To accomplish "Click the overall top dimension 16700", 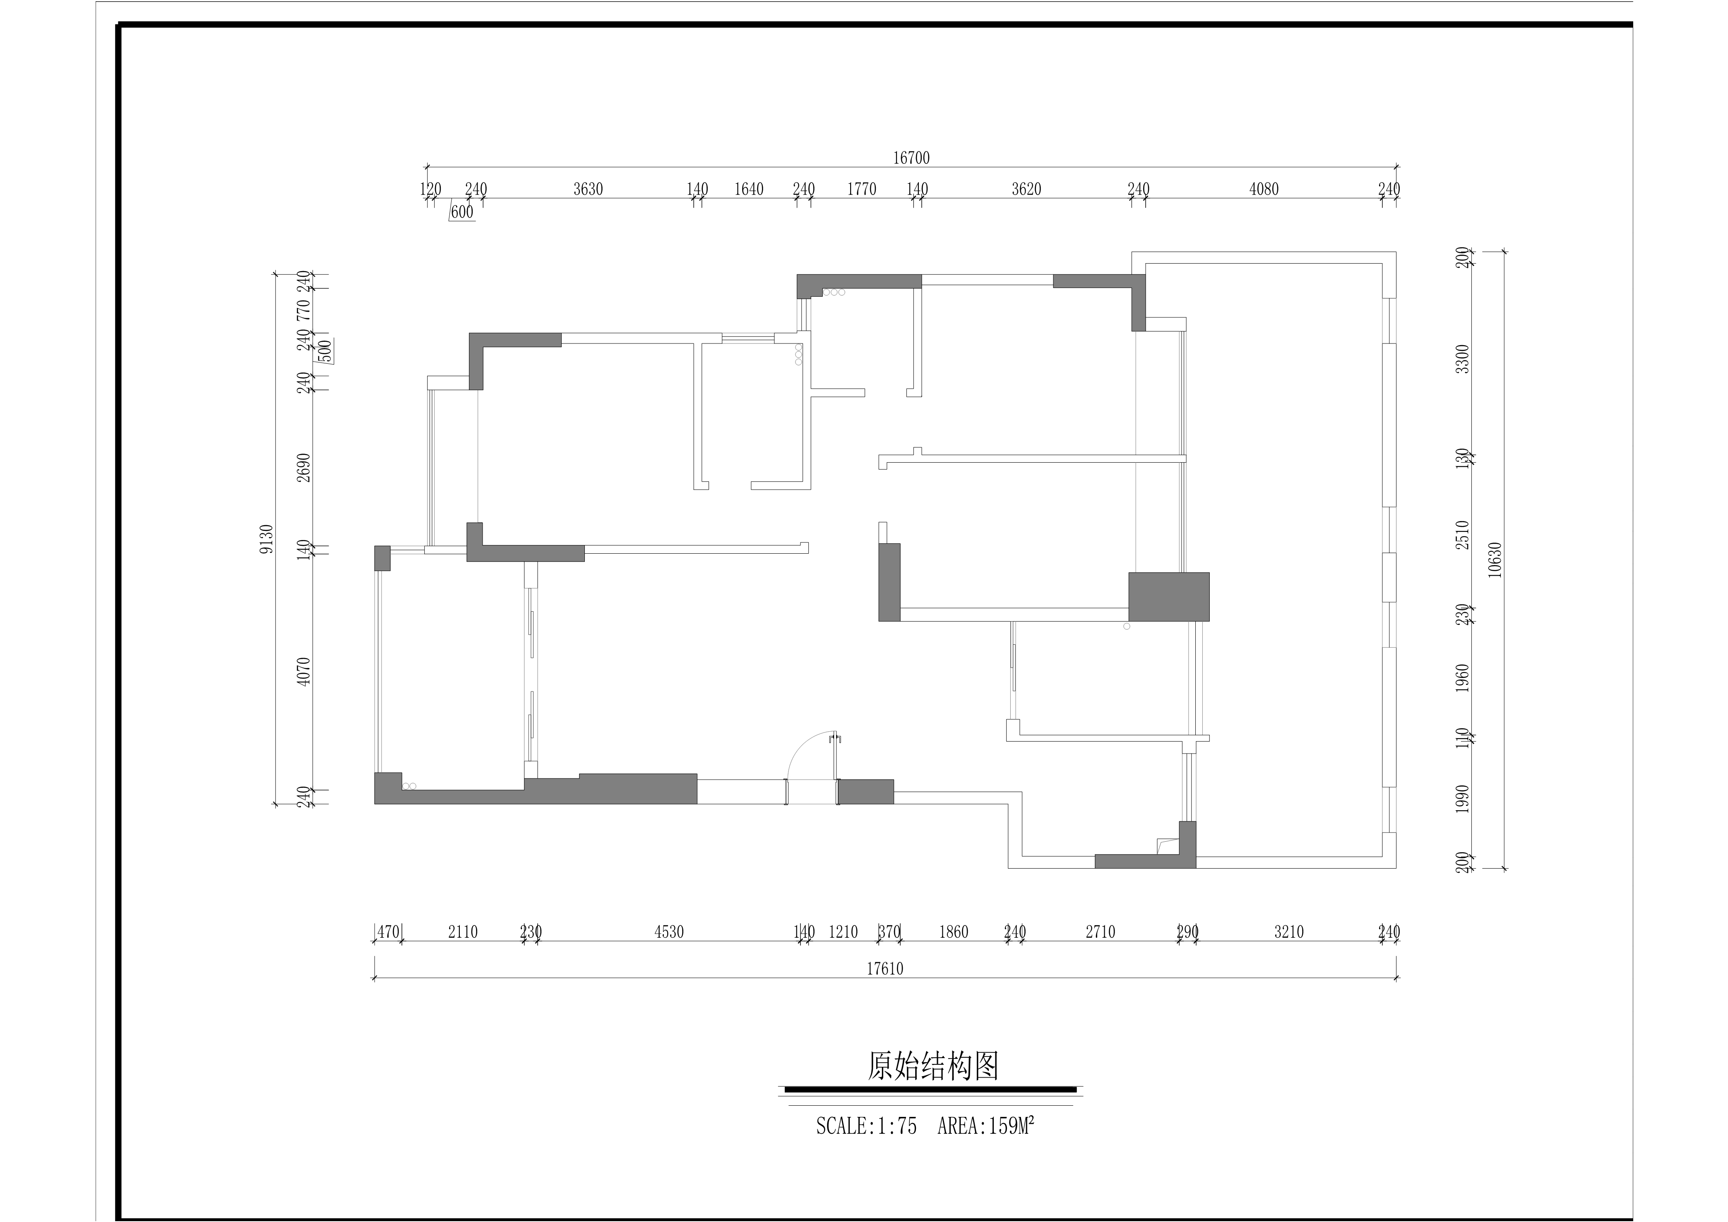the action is click(x=911, y=158).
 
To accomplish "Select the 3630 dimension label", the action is click(x=588, y=189).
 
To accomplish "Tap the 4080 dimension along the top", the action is click(x=1264, y=189).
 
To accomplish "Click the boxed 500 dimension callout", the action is click(x=325, y=351).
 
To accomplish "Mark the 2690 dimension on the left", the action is click(x=303, y=467).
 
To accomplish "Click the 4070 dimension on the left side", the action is click(x=303, y=671).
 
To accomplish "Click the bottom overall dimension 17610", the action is click(x=884, y=968).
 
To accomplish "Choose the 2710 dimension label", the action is click(x=1100, y=932).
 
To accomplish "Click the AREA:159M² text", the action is click(x=986, y=1126).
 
